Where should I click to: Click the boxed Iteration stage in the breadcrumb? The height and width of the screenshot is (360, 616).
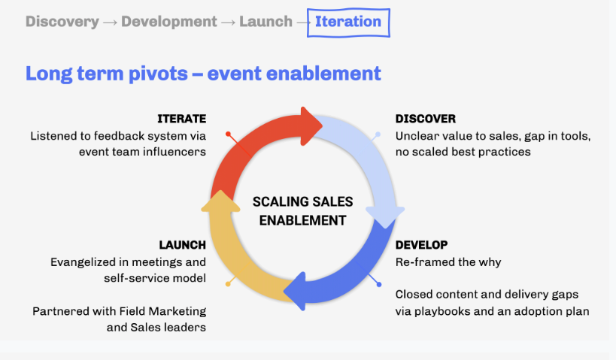click(x=348, y=22)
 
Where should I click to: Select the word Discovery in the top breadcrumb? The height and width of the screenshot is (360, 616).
click(x=62, y=22)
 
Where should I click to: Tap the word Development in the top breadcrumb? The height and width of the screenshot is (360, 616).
click(x=170, y=22)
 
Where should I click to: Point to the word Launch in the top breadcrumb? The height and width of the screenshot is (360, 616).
click(x=266, y=22)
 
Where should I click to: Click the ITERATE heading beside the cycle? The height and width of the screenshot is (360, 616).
click(x=181, y=119)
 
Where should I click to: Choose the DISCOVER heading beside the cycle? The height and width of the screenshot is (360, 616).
click(x=426, y=119)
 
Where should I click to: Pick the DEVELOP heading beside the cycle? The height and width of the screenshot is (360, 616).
click(x=421, y=245)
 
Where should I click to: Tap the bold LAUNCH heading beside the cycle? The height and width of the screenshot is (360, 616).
click(x=183, y=245)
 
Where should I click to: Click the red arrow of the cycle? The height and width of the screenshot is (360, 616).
click(x=256, y=143)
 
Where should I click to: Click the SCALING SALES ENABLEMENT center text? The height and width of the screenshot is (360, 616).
click(x=302, y=211)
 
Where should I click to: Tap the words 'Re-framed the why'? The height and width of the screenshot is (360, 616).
click(x=448, y=262)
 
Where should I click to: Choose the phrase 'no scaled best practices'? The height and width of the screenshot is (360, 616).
click(x=463, y=152)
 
